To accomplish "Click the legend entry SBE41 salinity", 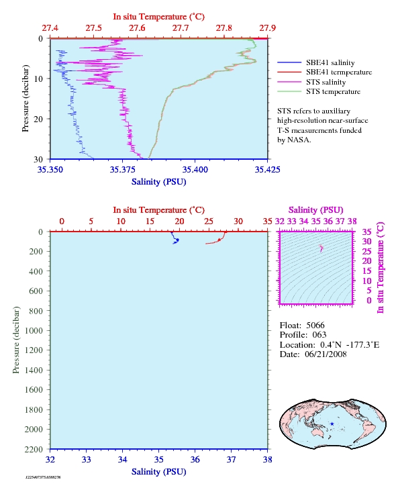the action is tap(330, 63).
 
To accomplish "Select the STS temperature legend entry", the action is tap(333, 91).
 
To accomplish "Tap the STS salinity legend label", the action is tap(326, 82).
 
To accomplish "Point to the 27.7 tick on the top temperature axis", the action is tap(181, 28).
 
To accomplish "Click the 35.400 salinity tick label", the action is tap(195, 169).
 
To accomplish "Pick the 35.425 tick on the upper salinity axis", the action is tap(267, 169).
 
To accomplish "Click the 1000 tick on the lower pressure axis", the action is tap(34, 331).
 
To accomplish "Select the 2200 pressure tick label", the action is tap(34, 449).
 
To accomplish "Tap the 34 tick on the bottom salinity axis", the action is tap(122, 459).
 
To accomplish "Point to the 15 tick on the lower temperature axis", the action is tap(150, 222).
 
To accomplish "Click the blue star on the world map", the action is tap(332, 424).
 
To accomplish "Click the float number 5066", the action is tap(315, 326).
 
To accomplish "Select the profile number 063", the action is tap(319, 335).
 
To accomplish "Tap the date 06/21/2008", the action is tap(326, 354).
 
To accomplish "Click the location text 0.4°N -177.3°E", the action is tap(350, 345).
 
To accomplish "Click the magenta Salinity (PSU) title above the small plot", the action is tap(316, 210).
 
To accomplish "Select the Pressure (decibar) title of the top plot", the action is tap(26, 98).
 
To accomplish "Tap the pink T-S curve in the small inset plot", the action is tap(321, 248).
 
